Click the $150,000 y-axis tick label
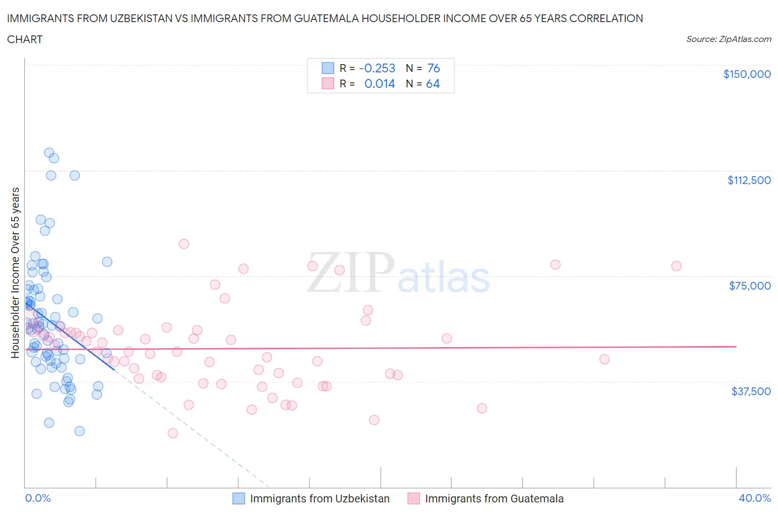click(x=746, y=74)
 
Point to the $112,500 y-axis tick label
click(x=749, y=180)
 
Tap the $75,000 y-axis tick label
click(x=750, y=286)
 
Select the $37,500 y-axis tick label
click(x=750, y=391)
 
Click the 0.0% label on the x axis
click(x=38, y=498)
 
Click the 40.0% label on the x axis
click(x=754, y=498)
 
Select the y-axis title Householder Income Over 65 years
click(x=15, y=272)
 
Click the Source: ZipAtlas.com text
click(x=728, y=39)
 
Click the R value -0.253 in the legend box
click(x=377, y=68)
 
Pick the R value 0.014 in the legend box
click(x=380, y=83)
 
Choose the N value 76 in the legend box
click(x=433, y=68)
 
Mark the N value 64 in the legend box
click(x=433, y=83)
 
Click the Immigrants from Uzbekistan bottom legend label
click(x=319, y=499)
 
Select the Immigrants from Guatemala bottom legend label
click(x=494, y=499)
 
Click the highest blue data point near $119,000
click(x=49, y=153)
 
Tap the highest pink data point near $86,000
click(x=184, y=244)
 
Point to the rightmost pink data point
click(x=676, y=266)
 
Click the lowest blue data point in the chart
click(x=79, y=431)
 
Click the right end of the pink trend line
click(x=736, y=346)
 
